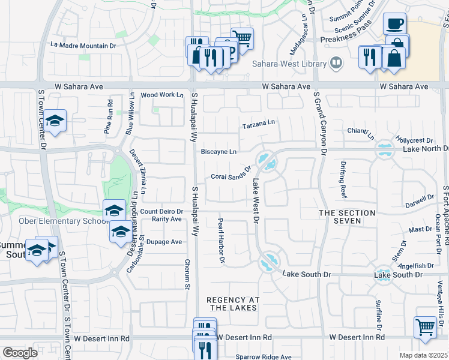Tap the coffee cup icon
394,24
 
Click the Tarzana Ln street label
258,124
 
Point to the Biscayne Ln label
218,152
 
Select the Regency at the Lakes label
232,304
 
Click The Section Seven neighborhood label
347,217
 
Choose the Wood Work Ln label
161,95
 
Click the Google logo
20,353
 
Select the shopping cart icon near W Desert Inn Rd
425,327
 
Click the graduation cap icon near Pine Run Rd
55,121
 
